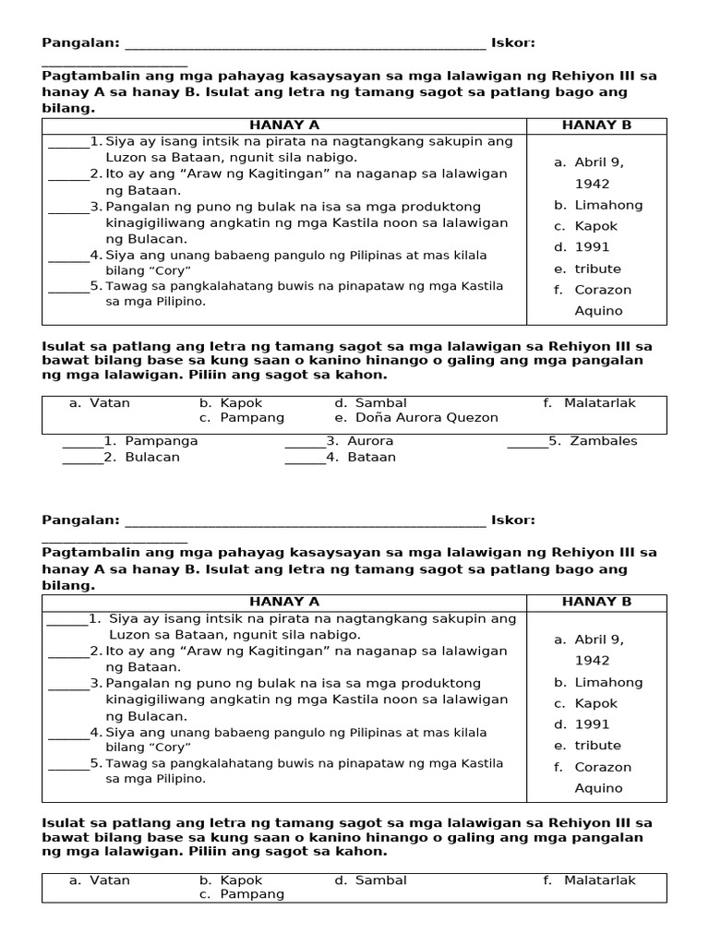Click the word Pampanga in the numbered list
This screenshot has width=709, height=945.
click(161, 441)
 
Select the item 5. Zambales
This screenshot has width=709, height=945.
click(592, 441)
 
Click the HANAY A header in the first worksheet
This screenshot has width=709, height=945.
click(284, 126)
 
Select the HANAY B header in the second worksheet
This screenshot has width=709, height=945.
click(596, 602)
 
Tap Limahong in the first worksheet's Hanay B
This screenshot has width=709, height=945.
click(608, 205)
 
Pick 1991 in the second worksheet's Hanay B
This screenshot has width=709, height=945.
click(592, 724)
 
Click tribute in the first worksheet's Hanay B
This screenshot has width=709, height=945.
click(597, 269)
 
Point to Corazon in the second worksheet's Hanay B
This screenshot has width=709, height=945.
click(603, 767)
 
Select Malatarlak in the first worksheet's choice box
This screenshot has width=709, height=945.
click(600, 403)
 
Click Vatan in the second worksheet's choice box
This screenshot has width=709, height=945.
click(110, 880)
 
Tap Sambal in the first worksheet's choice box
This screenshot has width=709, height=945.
click(380, 403)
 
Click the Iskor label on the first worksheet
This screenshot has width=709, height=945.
click(512, 42)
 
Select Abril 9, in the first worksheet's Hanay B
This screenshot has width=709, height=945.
click(599, 162)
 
